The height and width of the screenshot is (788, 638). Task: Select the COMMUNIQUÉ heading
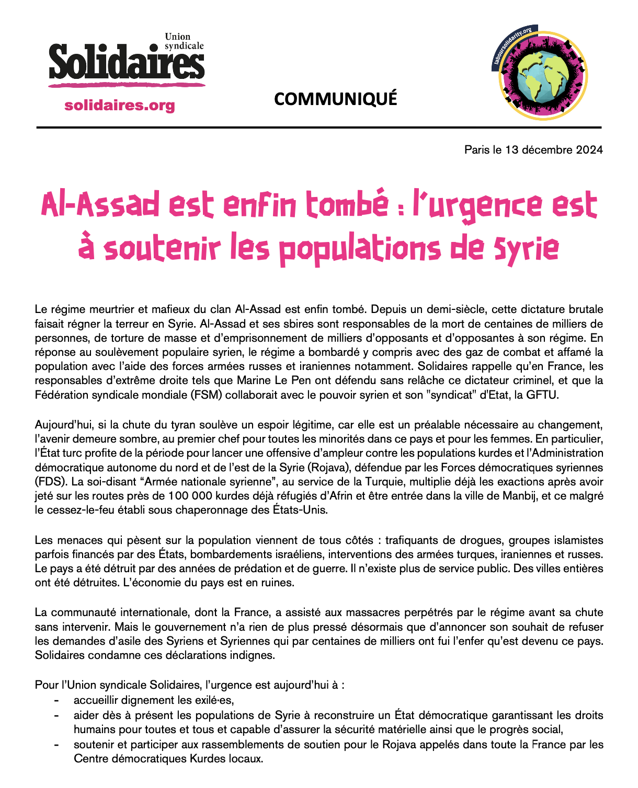tap(335, 98)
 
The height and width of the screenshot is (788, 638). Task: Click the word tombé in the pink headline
tap(347, 205)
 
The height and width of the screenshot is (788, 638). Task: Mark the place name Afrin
tap(339, 496)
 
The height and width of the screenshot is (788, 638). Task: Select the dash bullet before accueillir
tap(56, 700)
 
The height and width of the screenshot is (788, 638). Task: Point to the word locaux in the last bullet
tap(244, 758)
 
